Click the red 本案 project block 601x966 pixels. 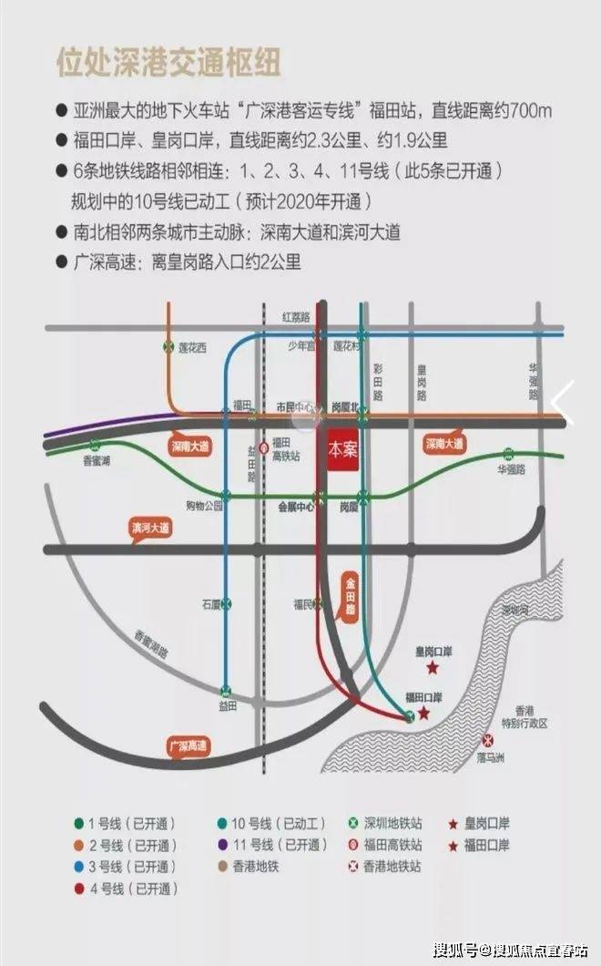(x=343, y=450)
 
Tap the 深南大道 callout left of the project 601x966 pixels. (x=191, y=446)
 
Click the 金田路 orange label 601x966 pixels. (x=349, y=592)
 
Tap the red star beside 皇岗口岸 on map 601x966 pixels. (x=433, y=668)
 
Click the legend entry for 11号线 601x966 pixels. (x=282, y=845)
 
